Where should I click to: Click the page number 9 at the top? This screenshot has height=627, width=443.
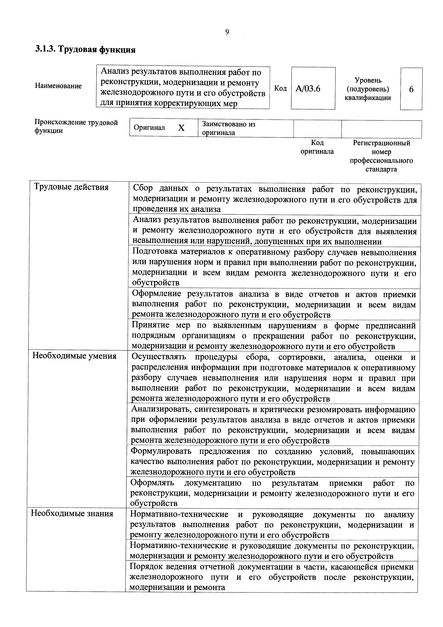click(227, 32)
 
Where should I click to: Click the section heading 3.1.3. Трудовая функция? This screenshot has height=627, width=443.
click(85, 50)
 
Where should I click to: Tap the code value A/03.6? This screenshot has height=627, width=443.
click(308, 89)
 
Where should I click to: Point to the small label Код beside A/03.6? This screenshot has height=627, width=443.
click(280, 88)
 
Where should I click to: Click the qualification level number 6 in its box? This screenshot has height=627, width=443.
click(411, 89)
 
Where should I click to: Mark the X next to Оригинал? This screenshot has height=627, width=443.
click(181, 128)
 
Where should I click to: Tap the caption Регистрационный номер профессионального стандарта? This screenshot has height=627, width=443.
click(381, 156)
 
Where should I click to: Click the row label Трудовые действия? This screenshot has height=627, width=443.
click(71, 187)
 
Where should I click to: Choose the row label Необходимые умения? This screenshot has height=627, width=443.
click(74, 356)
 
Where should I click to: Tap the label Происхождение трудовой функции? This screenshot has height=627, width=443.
click(76, 126)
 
